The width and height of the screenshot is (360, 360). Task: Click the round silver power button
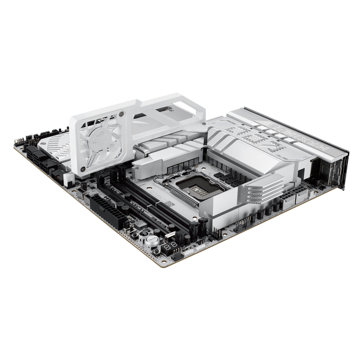tap(152, 238)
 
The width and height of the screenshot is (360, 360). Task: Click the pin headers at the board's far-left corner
tap(21, 139)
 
